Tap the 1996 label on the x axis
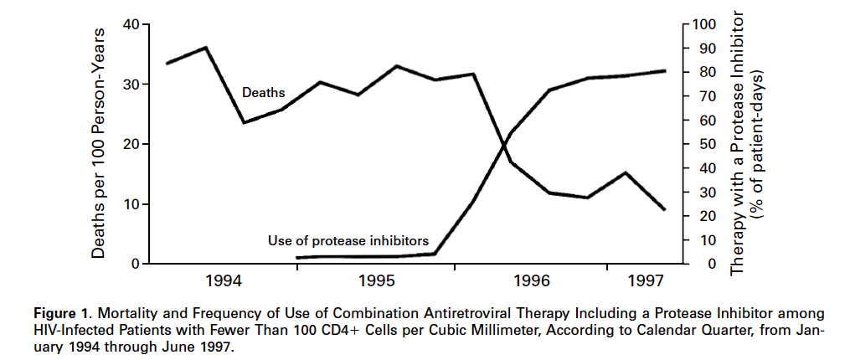(x=530, y=278)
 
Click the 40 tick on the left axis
(x=131, y=24)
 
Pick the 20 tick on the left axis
(x=131, y=144)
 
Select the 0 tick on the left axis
(x=135, y=264)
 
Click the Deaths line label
(x=263, y=92)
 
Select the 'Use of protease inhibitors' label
(x=348, y=241)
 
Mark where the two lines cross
(x=504, y=144)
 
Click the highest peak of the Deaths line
(x=206, y=48)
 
